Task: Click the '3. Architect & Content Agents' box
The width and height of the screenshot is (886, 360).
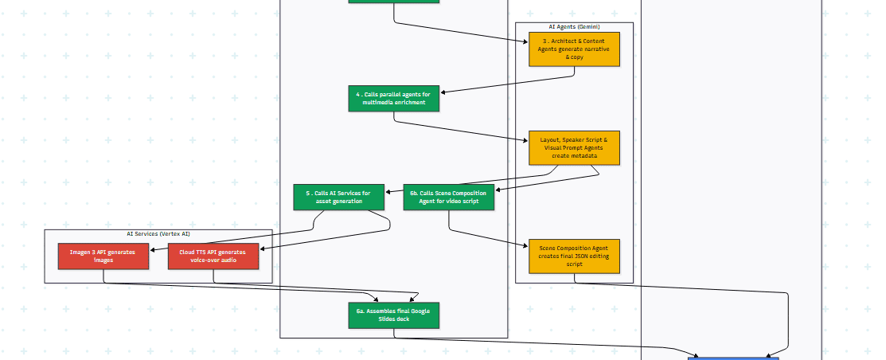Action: tap(574, 49)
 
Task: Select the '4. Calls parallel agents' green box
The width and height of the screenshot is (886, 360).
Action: tap(393, 98)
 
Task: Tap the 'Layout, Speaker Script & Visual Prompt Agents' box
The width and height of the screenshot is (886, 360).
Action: tap(574, 147)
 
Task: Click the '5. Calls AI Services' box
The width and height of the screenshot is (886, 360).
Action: tap(339, 197)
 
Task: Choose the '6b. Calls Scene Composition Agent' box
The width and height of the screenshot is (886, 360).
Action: tap(449, 197)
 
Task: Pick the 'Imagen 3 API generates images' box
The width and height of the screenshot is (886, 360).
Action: tap(103, 256)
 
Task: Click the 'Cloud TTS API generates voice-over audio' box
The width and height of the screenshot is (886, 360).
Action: tap(213, 256)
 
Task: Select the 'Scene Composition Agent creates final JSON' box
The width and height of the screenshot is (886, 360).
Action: tap(574, 256)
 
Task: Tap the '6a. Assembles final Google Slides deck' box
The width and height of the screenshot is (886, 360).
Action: tap(393, 315)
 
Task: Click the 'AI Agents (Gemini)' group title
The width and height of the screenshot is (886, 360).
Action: tap(574, 26)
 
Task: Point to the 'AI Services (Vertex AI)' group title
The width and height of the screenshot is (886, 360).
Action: tap(158, 234)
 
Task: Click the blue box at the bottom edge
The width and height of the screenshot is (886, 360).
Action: tap(733, 358)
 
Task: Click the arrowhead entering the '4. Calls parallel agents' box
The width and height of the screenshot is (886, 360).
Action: tap(443, 92)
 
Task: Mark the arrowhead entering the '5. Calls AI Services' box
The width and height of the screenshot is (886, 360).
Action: tap(388, 192)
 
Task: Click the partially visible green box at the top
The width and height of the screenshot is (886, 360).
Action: tap(393, 2)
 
